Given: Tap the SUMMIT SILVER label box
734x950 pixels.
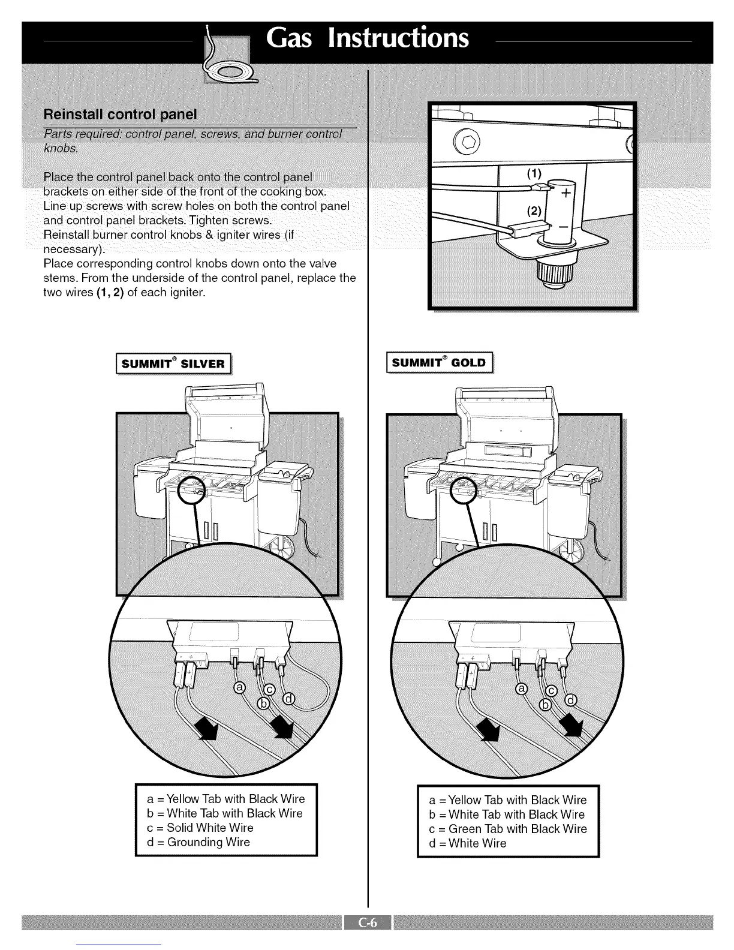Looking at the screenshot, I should (173, 364).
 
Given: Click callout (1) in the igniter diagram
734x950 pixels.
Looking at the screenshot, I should (533, 174).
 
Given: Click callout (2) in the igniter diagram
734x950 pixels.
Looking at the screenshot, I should (534, 210).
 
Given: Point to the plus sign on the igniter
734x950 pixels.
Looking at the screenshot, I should (564, 194).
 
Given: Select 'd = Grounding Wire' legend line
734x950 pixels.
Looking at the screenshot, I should (198, 842).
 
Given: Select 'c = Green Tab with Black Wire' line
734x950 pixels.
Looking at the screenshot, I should (508, 829).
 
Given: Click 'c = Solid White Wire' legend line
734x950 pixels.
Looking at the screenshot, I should (200, 828).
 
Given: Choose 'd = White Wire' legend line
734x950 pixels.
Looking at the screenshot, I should (468, 843).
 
